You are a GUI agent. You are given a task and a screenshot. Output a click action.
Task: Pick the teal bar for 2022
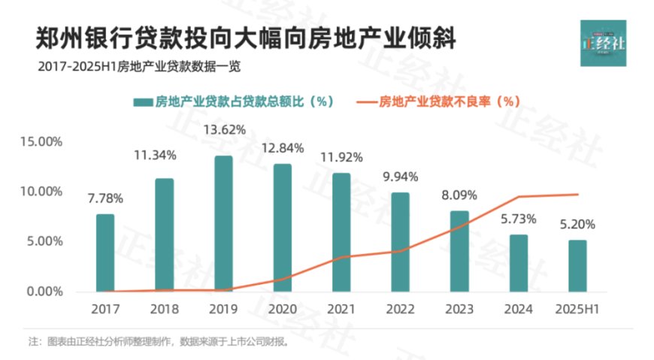[x=401, y=242]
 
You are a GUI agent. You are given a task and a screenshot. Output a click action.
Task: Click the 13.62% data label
[x=223, y=130]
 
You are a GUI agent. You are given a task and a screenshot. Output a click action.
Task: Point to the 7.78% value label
[x=105, y=198]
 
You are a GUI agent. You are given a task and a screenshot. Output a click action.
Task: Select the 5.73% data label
[x=519, y=219]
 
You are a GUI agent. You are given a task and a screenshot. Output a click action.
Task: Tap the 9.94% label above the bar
[x=401, y=177]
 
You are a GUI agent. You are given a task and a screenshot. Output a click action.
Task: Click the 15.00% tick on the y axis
[x=42, y=141]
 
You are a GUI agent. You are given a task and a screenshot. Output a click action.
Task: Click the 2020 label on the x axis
[x=283, y=309]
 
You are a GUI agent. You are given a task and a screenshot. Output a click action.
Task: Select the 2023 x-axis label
[x=459, y=309]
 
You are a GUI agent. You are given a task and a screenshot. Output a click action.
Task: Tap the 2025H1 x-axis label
[x=577, y=309]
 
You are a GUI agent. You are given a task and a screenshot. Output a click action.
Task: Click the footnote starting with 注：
[x=158, y=341]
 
